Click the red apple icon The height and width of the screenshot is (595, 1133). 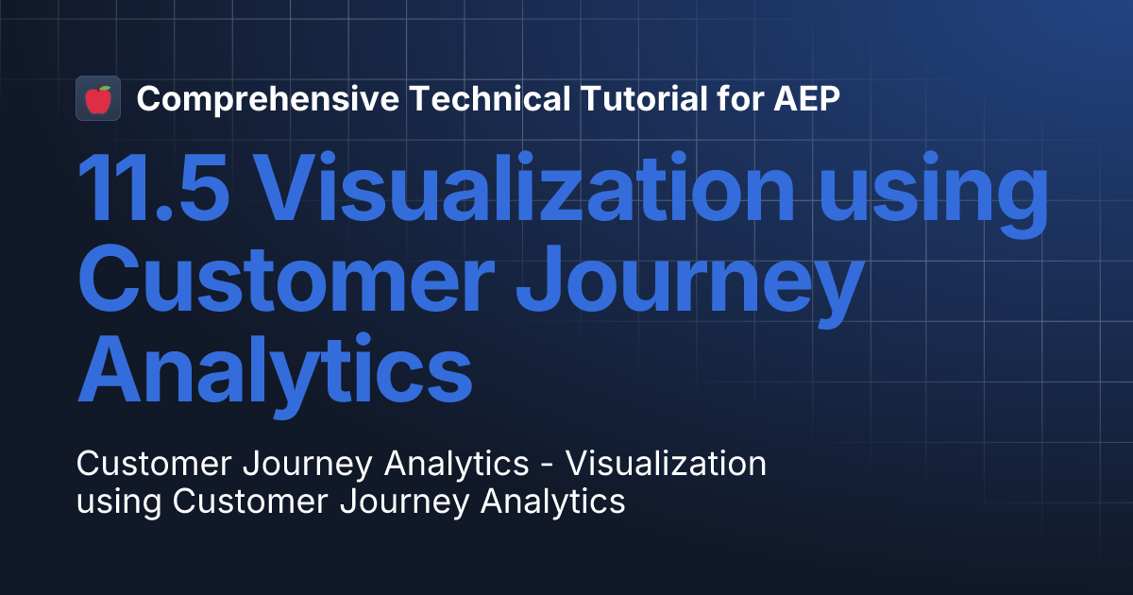pos(98,98)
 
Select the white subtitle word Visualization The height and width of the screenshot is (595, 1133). pos(670,464)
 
